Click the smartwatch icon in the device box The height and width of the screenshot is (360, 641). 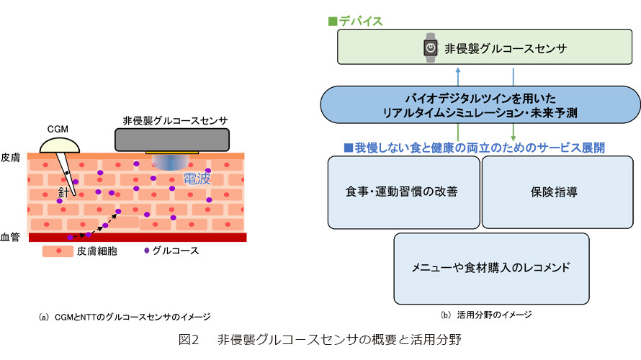[430, 48]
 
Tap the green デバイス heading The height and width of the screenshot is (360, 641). [355, 22]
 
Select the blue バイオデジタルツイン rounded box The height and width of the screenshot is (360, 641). [480, 105]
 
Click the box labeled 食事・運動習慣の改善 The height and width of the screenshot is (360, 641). [403, 192]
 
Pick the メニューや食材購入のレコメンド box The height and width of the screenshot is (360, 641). [491, 269]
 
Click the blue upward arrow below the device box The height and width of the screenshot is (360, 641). [458, 76]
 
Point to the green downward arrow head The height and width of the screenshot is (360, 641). [513, 138]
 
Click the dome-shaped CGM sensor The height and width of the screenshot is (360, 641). [60, 145]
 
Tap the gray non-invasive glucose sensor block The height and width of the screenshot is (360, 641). [171, 140]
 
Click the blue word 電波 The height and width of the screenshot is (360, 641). [197, 179]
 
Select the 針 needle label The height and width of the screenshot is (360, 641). [64, 192]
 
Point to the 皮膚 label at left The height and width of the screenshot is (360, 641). [10, 158]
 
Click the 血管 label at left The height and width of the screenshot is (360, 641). [10, 237]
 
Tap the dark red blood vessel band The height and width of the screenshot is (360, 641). [138, 238]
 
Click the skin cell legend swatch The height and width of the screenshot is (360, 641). [58, 251]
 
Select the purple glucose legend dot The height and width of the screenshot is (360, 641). [146, 251]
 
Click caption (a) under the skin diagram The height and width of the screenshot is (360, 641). [125, 317]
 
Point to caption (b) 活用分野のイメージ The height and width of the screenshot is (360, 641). [486, 315]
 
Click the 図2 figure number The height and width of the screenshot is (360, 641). [189, 340]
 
